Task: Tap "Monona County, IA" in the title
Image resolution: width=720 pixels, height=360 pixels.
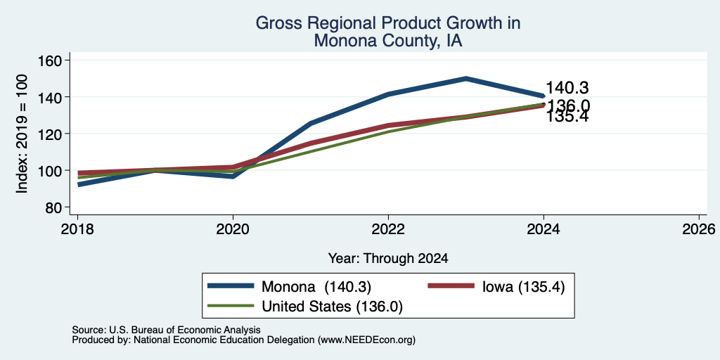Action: tap(388, 41)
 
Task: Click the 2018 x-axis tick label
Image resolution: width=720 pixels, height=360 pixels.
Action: tap(77, 229)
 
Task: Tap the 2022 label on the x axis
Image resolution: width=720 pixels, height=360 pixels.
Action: tap(388, 229)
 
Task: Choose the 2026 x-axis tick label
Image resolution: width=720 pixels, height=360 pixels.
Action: tap(699, 229)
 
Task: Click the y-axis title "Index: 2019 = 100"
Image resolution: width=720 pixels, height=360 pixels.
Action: tap(22, 134)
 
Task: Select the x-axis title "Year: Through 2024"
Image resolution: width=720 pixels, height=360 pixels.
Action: tap(388, 259)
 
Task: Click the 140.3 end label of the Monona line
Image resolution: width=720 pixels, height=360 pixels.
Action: tap(567, 88)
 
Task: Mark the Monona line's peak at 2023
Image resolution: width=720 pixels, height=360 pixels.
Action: tap(466, 79)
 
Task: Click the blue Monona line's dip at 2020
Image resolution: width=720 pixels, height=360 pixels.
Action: tap(233, 176)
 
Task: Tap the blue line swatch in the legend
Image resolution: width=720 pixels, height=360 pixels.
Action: tap(231, 285)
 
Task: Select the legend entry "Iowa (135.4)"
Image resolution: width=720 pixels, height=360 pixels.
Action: tap(523, 287)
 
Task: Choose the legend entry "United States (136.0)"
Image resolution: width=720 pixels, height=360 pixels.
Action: tap(332, 307)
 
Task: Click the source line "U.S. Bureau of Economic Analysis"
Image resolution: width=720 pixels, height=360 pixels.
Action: tap(185, 330)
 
